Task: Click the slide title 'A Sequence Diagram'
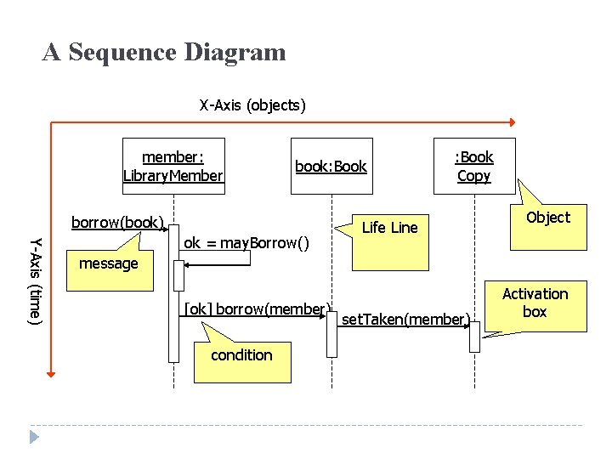click(164, 53)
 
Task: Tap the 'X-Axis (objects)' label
click(252, 105)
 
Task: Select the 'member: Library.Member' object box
click(173, 161)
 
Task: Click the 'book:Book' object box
click(331, 166)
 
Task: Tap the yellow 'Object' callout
click(548, 224)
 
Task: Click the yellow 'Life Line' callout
click(390, 242)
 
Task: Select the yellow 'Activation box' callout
click(535, 306)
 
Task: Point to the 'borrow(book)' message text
click(117, 223)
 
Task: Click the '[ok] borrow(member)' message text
click(257, 309)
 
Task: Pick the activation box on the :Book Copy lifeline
click(474, 336)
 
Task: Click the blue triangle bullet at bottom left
click(35, 436)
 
